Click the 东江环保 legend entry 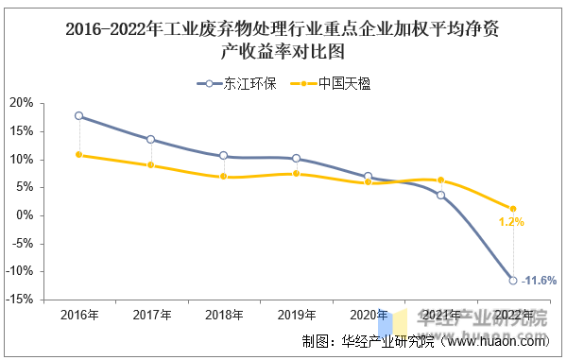(x=237, y=84)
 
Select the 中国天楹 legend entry (x=331, y=84)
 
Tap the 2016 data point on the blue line (x=78, y=116)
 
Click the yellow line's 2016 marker (x=78, y=155)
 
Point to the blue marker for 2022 (x=513, y=281)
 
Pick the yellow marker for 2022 (x=513, y=209)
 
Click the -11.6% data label (x=539, y=281)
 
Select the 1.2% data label (x=511, y=222)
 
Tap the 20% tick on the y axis (x=22, y=103)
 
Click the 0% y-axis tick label (x=25, y=215)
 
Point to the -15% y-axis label (x=19, y=300)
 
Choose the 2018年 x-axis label (x=224, y=316)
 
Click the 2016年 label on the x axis (x=79, y=316)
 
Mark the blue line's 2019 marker (x=296, y=159)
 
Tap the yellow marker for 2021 (x=440, y=180)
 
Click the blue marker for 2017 (x=151, y=140)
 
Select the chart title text (x=283, y=40)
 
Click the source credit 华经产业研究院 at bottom (x=387, y=341)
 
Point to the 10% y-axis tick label (x=22, y=160)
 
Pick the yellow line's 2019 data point (x=296, y=174)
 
